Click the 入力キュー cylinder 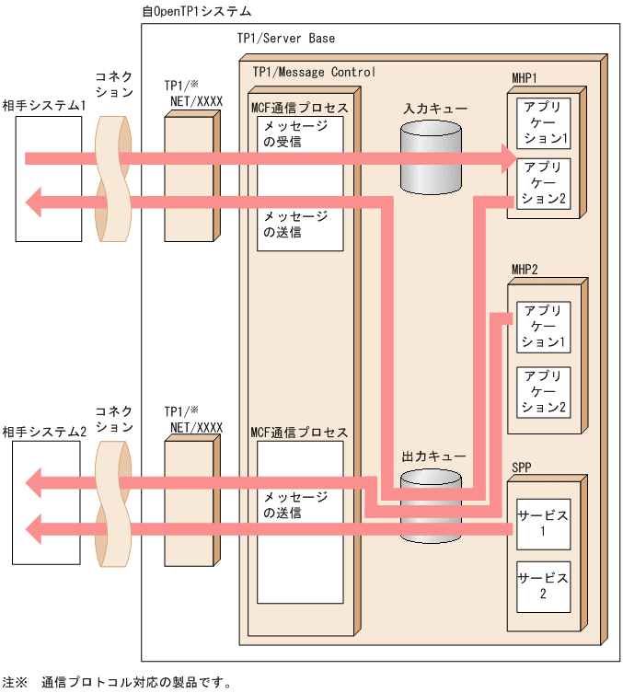(431, 156)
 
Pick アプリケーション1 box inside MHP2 (543, 328)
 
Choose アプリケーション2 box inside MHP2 (543, 391)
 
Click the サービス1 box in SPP (543, 522)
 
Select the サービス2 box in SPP (543, 585)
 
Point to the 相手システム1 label (43, 106)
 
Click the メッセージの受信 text (295, 133)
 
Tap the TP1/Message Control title (313, 71)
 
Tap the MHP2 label (525, 269)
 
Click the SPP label (522, 468)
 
